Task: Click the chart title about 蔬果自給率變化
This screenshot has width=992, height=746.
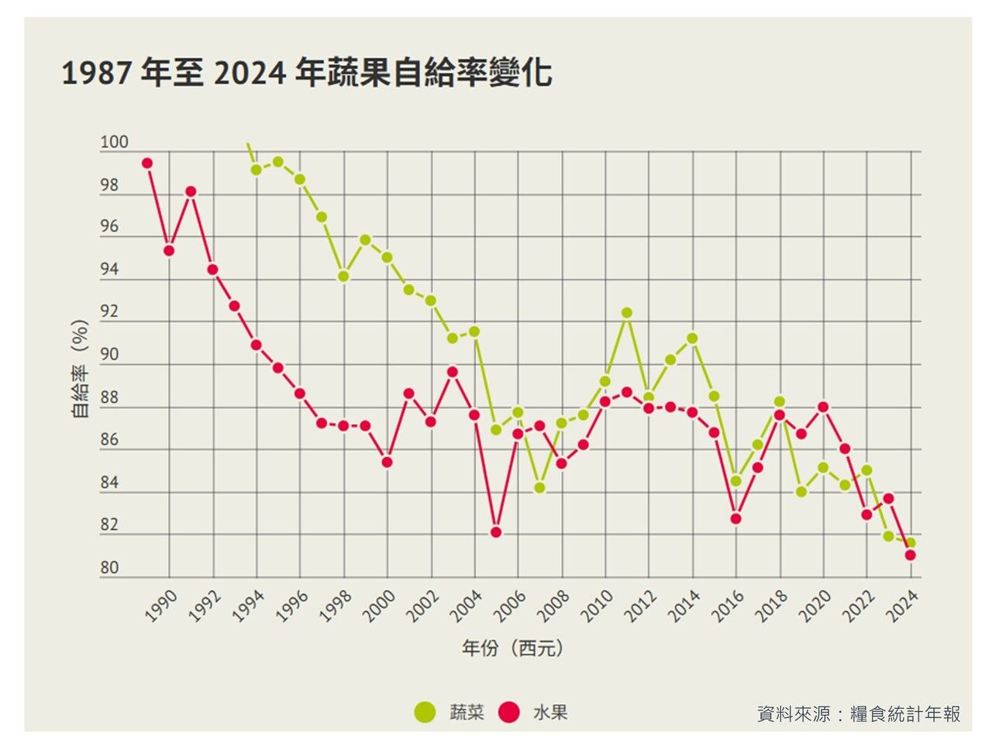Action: click(306, 74)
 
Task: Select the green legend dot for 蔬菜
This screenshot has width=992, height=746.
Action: click(424, 712)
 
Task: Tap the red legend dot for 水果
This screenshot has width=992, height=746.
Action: click(508, 712)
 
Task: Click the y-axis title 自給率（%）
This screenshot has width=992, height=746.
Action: click(80, 369)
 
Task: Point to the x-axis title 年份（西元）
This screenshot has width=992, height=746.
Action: click(512, 648)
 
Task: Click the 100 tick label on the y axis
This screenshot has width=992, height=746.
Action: click(114, 143)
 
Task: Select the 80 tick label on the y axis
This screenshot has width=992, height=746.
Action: click(109, 568)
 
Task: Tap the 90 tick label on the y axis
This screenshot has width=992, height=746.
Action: click(109, 355)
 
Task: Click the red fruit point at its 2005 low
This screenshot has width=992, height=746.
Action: click(496, 532)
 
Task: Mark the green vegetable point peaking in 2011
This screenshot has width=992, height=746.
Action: click(627, 313)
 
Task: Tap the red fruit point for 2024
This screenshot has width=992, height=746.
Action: click(911, 555)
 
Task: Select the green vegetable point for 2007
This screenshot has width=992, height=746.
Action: click(539, 488)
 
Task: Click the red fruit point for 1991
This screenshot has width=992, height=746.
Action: click(191, 191)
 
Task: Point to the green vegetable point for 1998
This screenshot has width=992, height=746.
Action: click(343, 277)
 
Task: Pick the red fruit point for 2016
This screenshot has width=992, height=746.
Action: click(736, 518)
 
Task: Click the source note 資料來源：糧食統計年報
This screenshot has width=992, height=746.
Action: click(859, 713)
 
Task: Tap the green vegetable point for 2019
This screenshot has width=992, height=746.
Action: click(801, 492)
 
